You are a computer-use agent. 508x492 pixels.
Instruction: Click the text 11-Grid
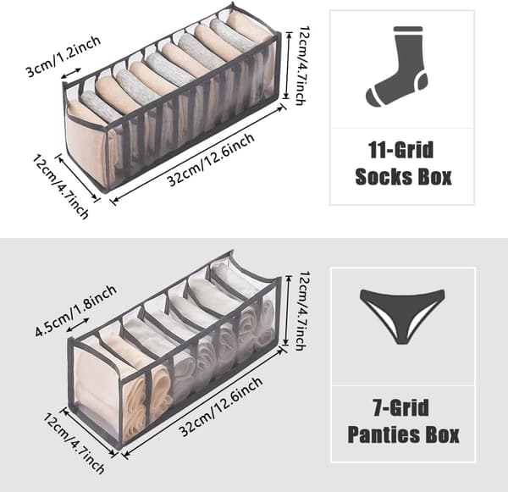400,150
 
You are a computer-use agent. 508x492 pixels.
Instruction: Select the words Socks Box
403,177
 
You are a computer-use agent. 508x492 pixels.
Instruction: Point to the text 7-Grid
401,407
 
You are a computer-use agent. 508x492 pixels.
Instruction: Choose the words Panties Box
403,434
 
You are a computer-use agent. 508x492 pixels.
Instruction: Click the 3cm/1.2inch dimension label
63,57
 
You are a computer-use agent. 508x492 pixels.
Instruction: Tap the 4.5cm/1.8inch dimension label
75,311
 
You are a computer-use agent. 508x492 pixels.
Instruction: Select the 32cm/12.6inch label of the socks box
211,160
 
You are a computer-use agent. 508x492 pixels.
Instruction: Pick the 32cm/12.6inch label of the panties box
220,406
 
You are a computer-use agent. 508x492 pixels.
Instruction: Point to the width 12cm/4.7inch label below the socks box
61,187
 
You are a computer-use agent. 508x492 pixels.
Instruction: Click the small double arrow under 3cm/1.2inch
71,73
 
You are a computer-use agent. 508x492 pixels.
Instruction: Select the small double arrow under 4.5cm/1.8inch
78,325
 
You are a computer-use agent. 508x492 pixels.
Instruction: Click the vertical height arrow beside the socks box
286,65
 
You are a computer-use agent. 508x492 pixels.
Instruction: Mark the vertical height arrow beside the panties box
286,311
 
